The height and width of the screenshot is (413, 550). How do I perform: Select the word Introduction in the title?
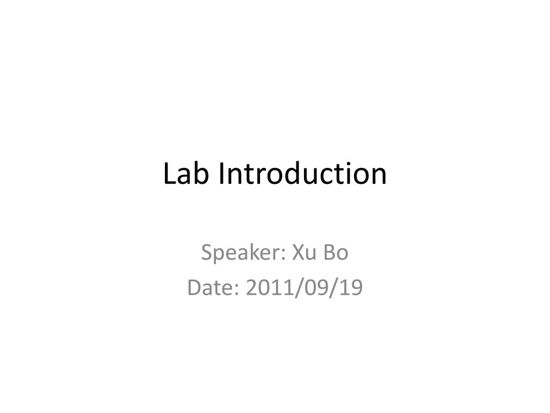point(302,174)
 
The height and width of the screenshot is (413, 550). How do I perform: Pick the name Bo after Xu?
point(336,252)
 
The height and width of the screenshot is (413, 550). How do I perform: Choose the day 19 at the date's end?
point(351,288)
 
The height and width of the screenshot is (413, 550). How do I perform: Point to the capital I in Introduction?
point(221,174)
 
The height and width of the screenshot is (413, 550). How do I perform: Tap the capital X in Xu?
point(298,252)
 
